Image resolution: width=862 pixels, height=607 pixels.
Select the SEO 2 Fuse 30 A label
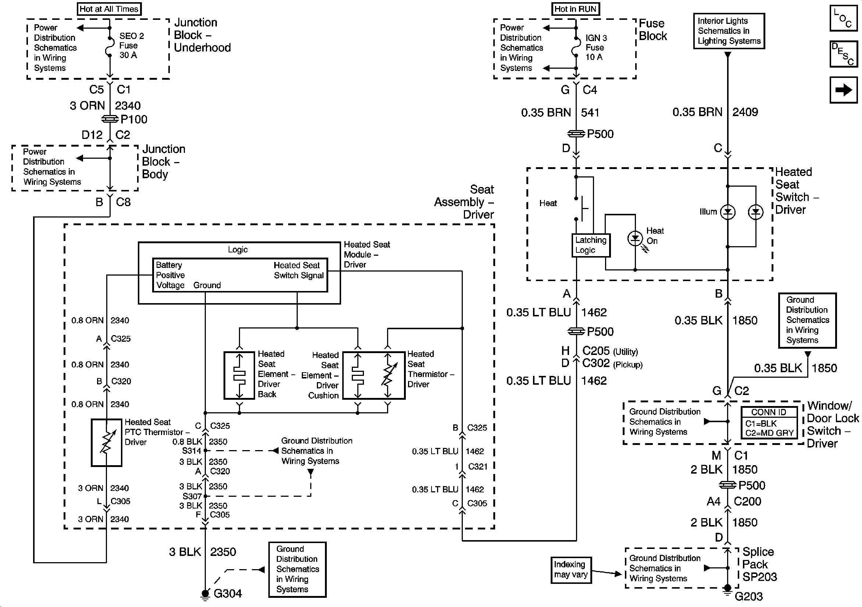131,46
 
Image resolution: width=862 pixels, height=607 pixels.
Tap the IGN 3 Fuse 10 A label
596,48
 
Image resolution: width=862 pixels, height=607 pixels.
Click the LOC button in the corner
844,18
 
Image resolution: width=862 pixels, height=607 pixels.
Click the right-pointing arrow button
844,90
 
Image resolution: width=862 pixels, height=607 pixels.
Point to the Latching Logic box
591,245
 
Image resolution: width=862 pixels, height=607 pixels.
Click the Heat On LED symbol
635,238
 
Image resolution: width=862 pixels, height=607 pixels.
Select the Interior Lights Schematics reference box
729,31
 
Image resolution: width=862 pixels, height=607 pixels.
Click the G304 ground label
228,594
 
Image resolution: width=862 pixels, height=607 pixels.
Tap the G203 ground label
748,596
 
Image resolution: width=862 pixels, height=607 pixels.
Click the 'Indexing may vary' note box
571,570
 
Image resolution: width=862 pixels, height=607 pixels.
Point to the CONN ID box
769,423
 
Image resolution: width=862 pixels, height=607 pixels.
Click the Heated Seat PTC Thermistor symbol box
107,443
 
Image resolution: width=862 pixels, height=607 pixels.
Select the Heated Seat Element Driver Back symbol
240,376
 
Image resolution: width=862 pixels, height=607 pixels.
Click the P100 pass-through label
134,119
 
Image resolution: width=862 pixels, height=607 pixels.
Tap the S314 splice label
192,450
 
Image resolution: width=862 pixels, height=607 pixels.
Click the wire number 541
590,112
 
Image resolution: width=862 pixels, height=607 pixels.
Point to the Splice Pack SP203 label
759,564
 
